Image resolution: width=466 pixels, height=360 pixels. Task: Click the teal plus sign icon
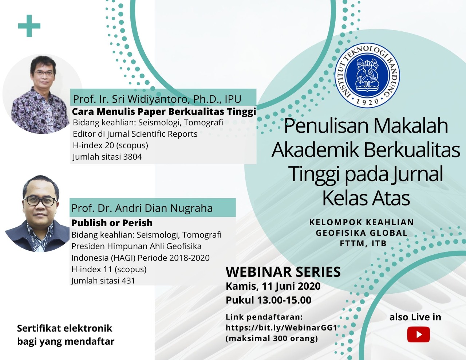pyautogui.click(x=29, y=26)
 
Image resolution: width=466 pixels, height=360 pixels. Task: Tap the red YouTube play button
pyautogui.click(x=418, y=334)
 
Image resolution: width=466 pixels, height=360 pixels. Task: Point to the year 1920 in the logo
pyautogui.click(x=367, y=101)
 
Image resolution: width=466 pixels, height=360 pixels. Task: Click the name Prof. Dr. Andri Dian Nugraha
pyautogui.click(x=142, y=208)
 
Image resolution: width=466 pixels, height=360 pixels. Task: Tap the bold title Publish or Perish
pyautogui.click(x=112, y=223)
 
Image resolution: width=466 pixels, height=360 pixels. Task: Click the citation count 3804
pyautogui.click(x=133, y=157)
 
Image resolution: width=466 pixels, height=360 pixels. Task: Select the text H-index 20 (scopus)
pyautogui.click(x=110, y=145)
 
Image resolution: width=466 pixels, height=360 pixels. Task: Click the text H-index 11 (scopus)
pyautogui.click(x=109, y=269)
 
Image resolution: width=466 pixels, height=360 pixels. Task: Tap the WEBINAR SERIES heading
pyautogui.click(x=283, y=271)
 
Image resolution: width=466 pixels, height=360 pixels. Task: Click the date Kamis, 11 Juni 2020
pyautogui.click(x=273, y=286)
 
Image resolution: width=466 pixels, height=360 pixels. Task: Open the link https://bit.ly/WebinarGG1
pyautogui.click(x=281, y=328)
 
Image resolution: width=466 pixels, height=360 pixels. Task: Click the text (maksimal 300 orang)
pyautogui.click(x=272, y=339)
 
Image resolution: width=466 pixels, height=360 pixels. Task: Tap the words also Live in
pyautogui.click(x=415, y=317)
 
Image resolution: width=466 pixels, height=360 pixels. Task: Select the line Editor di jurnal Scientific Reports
pyautogui.click(x=135, y=134)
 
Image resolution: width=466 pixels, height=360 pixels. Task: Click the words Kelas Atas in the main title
pyautogui.click(x=366, y=198)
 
